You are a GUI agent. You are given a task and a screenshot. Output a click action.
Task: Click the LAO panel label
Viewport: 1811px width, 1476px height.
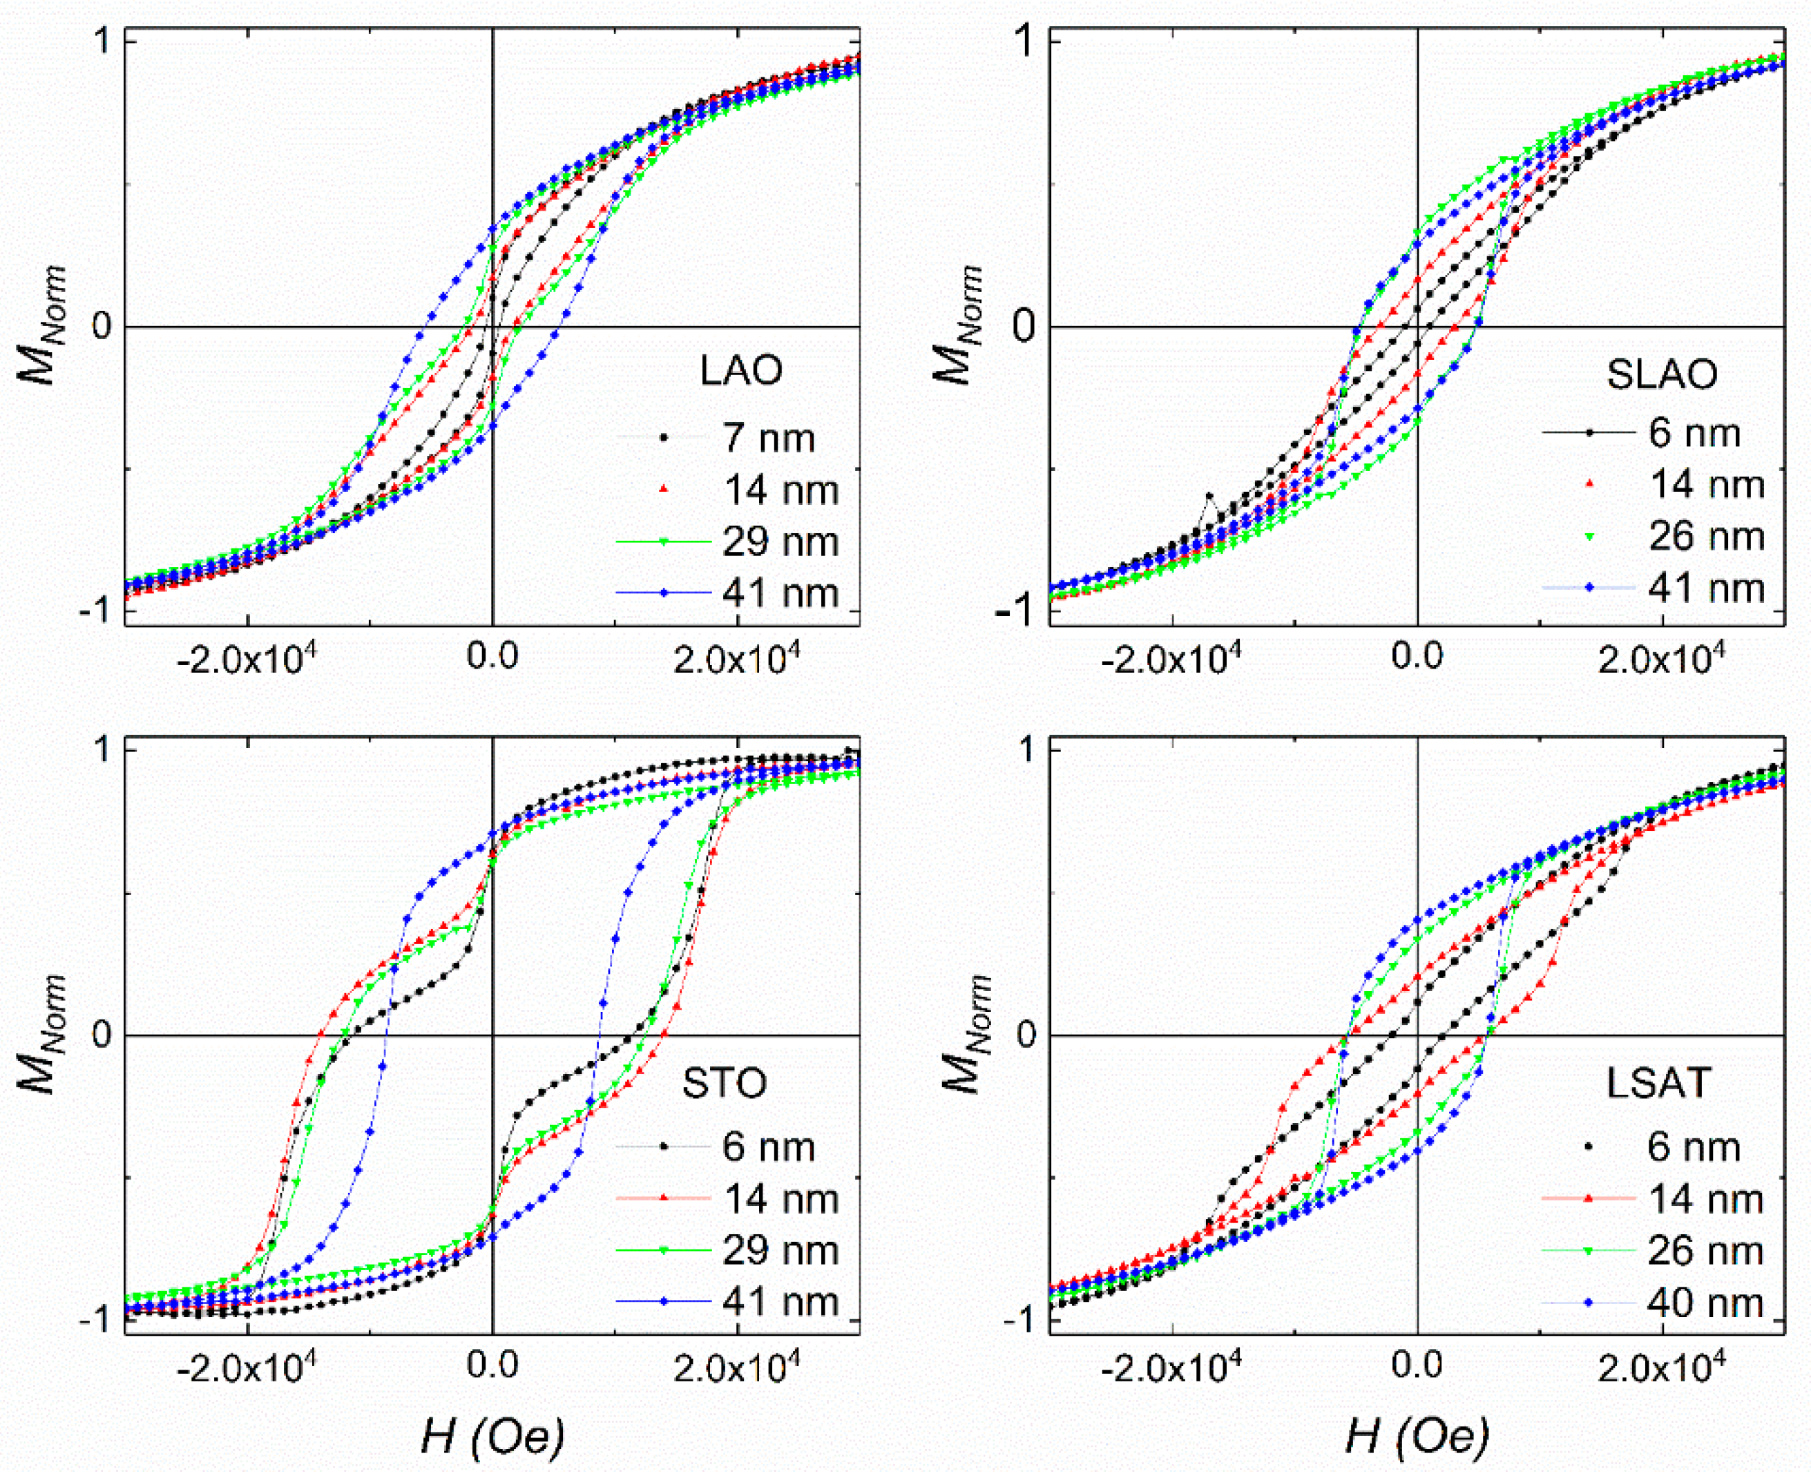740,371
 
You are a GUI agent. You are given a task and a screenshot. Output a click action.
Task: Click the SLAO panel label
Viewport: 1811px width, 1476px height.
1661,375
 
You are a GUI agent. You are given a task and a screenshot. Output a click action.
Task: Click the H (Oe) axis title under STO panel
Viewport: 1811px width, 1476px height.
492,1437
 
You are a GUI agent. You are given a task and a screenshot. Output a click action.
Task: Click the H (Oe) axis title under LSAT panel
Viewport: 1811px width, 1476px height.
1417,1437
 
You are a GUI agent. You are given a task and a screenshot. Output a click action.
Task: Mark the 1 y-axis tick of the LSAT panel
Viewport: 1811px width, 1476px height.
1027,750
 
